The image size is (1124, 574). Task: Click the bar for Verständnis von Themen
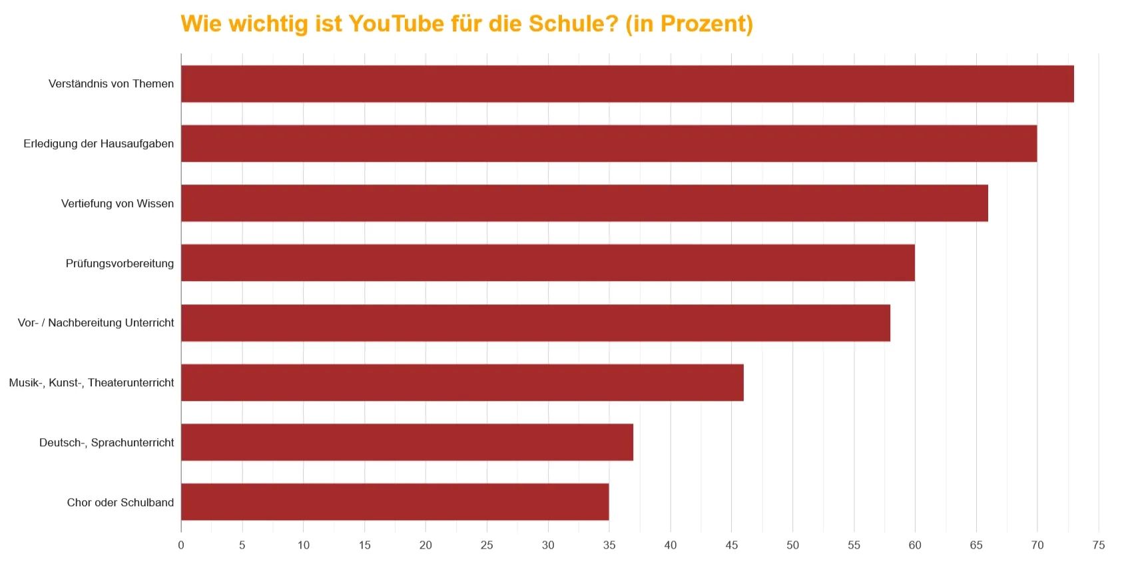[x=627, y=84]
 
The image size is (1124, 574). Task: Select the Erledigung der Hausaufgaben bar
[x=609, y=143]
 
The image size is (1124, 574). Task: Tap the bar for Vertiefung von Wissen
[x=584, y=203]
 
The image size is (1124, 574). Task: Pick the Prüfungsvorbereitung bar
[x=547, y=263]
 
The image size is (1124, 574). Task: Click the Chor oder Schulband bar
[x=395, y=502]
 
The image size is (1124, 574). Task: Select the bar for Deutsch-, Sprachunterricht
[x=407, y=442]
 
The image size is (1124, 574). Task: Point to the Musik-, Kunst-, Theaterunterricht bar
[x=462, y=382]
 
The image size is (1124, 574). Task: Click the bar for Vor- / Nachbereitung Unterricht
[x=535, y=323]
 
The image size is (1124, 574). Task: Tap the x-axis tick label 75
[x=1099, y=545]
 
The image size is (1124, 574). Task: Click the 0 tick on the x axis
[x=181, y=545]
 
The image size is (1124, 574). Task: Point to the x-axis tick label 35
[x=609, y=545]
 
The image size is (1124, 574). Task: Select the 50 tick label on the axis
[x=792, y=545]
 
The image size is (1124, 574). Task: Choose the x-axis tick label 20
[x=425, y=545]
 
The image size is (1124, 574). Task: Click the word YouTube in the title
[x=396, y=24]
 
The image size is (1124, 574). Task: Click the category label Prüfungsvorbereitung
[x=120, y=263]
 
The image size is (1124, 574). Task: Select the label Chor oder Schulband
[x=121, y=502]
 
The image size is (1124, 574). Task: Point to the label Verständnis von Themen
[x=111, y=84]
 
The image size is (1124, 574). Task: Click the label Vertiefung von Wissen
[x=117, y=203]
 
